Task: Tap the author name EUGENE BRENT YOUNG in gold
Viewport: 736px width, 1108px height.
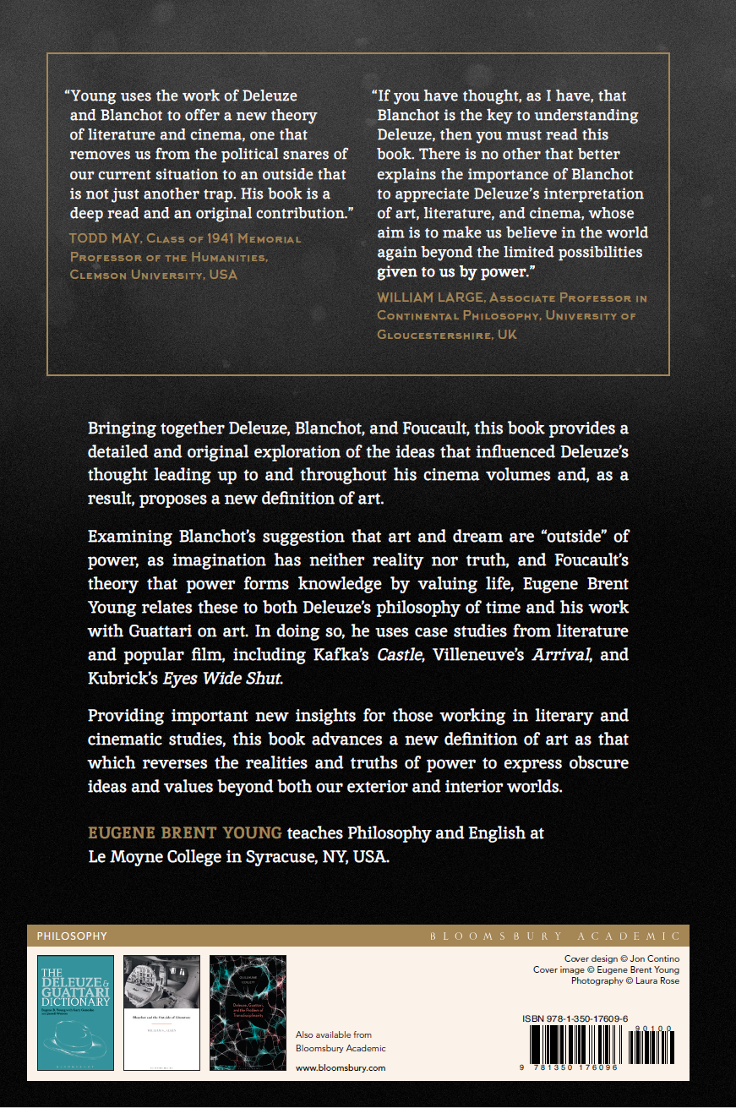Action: coord(185,833)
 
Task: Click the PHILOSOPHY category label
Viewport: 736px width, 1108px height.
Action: coord(72,936)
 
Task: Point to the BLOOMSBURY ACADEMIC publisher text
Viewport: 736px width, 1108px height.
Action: coord(555,936)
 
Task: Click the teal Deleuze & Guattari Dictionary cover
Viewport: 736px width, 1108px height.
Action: coord(75,1012)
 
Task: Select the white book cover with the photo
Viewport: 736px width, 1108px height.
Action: coord(161,1012)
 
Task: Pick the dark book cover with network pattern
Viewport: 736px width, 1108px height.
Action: coord(248,1012)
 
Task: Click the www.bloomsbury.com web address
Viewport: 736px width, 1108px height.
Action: coord(341,1067)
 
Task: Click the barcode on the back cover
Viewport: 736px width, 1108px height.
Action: coord(602,1048)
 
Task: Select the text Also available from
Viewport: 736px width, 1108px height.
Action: coord(333,1034)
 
